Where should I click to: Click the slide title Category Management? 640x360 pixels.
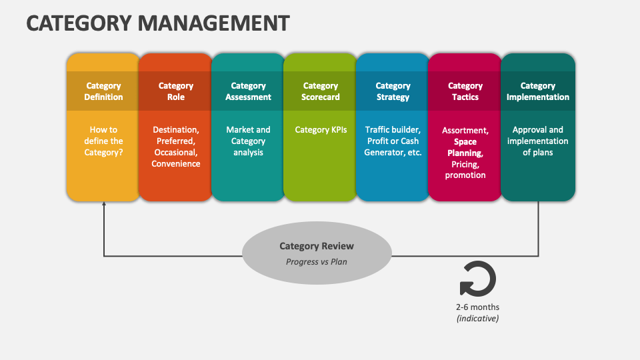158,23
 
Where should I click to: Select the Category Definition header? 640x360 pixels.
103,91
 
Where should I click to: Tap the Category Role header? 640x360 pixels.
176,91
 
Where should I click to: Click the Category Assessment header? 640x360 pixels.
248,91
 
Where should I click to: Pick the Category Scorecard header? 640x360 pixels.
321,91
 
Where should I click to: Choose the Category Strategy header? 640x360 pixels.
393,91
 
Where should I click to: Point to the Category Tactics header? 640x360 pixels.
465,91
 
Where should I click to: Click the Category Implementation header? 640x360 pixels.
537,91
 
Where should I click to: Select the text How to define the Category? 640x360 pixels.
103,141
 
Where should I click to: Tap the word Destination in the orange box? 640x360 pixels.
175,129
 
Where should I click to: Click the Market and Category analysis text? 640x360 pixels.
248,141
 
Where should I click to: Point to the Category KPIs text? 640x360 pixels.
321,130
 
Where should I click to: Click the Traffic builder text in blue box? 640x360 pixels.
393,130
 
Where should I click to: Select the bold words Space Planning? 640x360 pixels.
465,147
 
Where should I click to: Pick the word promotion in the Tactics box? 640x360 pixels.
465,175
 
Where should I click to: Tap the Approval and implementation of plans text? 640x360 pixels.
537,141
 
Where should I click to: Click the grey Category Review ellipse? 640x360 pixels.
317,253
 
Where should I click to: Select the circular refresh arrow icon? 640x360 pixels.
477,279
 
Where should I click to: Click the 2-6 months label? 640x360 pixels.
477,307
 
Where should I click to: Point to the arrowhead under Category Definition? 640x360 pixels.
104,206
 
